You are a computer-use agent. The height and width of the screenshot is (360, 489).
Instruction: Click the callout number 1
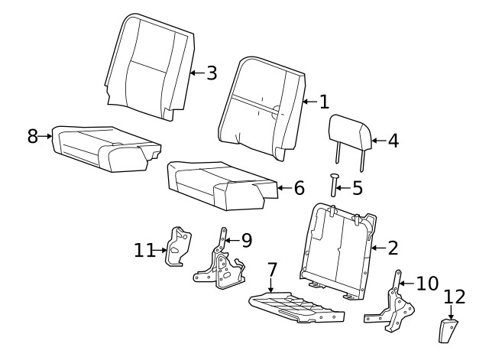pyautogui.click(x=324, y=101)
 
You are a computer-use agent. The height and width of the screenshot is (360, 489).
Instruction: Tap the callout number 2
pyautogui.click(x=393, y=248)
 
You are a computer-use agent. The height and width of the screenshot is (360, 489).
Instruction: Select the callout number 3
pyautogui.click(x=212, y=73)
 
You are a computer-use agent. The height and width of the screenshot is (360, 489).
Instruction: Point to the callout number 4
pyautogui.click(x=393, y=141)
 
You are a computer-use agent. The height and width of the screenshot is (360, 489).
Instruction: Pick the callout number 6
pyautogui.click(x=299, y=187)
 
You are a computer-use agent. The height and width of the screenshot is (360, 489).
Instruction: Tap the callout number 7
pyautogui.click(x=272, y=271)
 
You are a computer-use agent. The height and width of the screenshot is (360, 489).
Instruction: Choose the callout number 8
pyautogui.click(x=32, y=137)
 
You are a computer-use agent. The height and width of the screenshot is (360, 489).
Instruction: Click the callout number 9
pyautogui.click(x=246, y=239)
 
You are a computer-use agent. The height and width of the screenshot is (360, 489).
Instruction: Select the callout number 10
pyautogui.click(x=427, y=284)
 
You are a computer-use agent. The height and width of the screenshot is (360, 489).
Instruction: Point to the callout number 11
pyautogui.click(x=144, y=249)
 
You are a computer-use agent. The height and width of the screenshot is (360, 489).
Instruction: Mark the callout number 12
pyautogui.click(x=454, y=296)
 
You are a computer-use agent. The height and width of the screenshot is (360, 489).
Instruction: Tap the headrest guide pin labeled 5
pyautogui.click(x=334, y=185)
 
